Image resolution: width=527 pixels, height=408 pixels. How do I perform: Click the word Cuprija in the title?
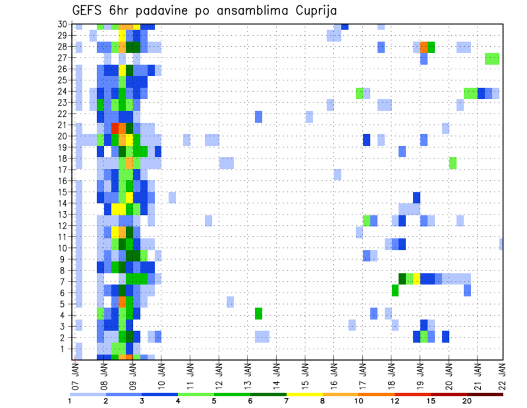click(314, 10)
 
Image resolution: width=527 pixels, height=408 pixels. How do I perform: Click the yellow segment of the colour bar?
click(304, 394)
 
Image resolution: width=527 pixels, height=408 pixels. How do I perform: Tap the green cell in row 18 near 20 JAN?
click(452, 163)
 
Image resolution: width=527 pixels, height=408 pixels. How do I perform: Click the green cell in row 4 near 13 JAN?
click(258, 313)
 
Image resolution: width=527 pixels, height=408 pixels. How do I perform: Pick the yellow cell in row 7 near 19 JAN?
click(417, 279)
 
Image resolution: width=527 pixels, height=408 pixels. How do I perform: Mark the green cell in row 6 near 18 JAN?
click(395, 290)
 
